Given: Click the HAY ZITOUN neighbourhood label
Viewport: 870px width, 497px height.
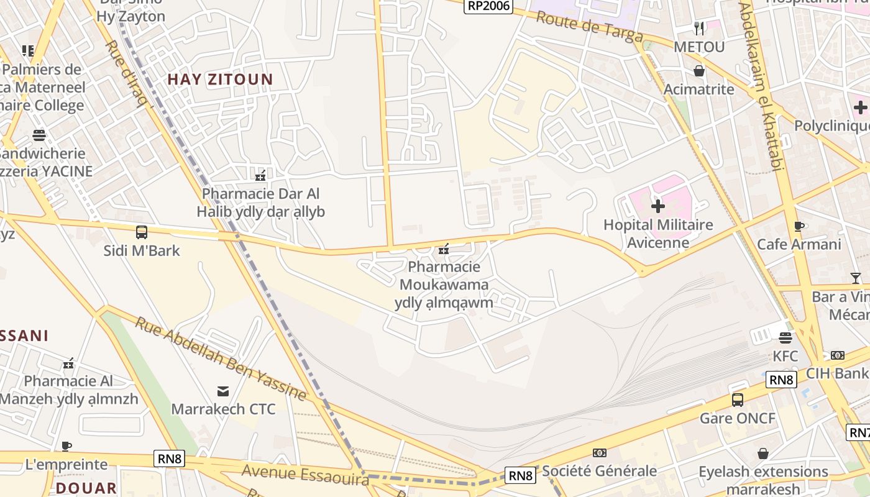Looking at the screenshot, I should (220, 80).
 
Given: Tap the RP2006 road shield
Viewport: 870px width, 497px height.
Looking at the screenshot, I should (488, 6).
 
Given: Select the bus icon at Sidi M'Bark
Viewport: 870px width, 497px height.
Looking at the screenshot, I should (142, 233).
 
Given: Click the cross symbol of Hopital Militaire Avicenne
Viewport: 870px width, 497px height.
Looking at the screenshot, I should (658, 206).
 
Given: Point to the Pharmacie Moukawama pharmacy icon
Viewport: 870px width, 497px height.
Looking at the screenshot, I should (444, 249).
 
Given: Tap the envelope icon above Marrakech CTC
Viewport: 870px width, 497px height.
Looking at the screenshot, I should (223, 391).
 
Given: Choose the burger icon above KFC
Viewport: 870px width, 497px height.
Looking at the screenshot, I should (785, 339).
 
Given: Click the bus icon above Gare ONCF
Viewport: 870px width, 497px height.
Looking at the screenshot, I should (738, 400).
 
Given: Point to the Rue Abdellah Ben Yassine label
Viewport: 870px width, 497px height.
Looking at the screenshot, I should (221, 359).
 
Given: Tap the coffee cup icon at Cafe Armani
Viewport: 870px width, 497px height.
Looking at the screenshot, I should (799, 227).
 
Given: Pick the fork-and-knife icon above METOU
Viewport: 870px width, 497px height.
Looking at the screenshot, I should (699, 29).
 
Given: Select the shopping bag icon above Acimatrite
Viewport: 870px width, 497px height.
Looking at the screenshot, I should (699, 71).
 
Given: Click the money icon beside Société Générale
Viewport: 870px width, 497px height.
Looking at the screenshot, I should (600, 453).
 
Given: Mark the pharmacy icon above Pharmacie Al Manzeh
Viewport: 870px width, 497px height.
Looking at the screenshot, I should (68, 363).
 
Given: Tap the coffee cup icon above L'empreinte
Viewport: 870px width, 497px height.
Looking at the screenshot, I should (66, 446).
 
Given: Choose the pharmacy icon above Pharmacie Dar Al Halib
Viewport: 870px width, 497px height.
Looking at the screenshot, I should (261, 176).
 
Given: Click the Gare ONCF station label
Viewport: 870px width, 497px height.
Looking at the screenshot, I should (738, 418).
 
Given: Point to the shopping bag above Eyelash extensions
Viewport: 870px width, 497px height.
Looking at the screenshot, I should (763, 454).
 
